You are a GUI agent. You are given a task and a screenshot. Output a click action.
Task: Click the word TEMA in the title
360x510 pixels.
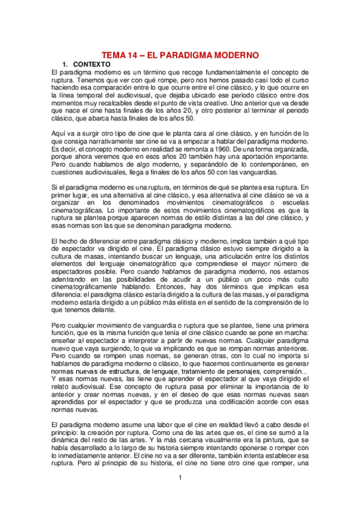114,54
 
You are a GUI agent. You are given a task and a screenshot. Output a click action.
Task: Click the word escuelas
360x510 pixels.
292,202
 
